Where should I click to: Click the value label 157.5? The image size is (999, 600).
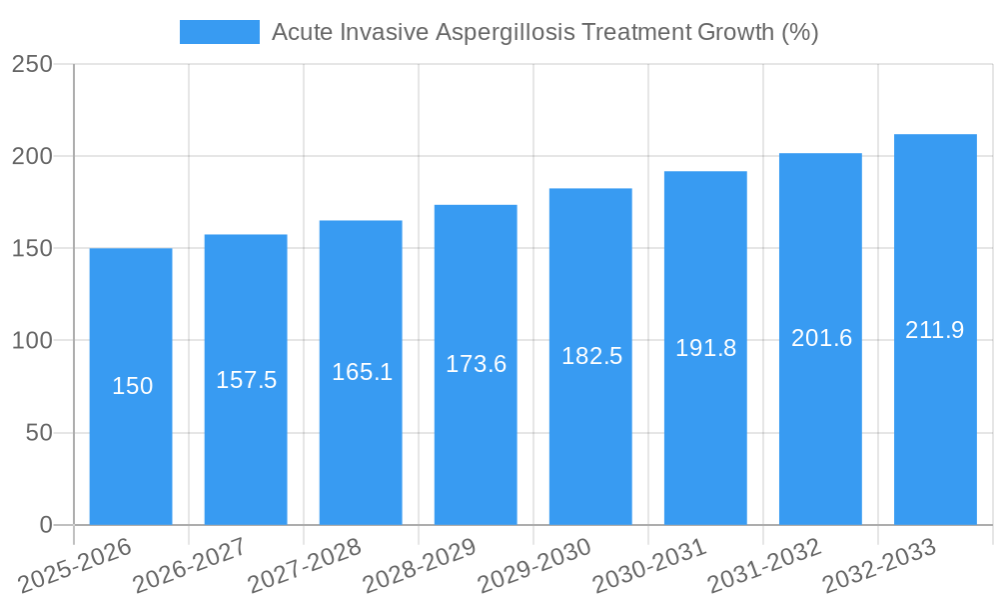point(246,380)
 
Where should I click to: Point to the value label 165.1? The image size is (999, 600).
point(362,373)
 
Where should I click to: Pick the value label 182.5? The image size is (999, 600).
point(591,356)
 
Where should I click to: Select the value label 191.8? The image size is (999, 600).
point(705,348)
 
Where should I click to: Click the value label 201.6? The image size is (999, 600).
point(821,338)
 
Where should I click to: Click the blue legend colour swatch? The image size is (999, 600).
point(219,32)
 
